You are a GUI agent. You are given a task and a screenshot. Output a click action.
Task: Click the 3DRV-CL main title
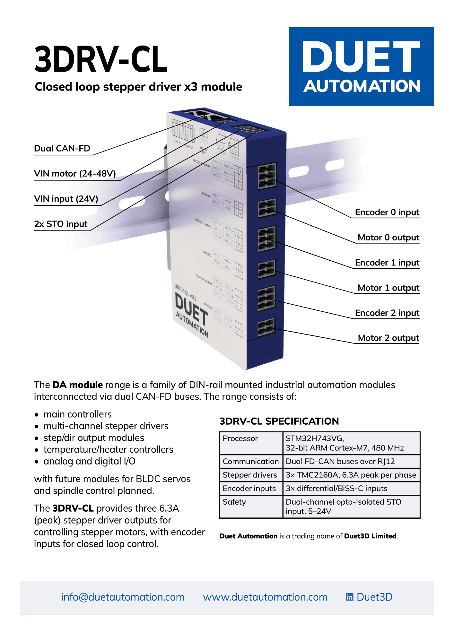point(101,59)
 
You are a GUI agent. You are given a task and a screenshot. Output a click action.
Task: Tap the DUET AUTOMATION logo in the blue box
point(361,66)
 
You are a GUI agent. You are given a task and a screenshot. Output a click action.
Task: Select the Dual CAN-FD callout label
point(62,148)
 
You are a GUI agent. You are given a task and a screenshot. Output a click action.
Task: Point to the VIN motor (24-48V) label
point(75,174)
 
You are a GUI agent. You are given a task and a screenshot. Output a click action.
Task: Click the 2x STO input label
point(61,224)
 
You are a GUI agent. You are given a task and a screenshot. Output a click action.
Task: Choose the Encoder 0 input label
point(387,212)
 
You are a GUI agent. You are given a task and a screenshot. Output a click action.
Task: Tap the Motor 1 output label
point(388,288)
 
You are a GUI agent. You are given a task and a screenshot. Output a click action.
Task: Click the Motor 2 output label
point(388,338)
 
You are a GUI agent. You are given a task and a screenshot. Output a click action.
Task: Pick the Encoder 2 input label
point(387,313)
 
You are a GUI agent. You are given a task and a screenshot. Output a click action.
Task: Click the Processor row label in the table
point(240,438)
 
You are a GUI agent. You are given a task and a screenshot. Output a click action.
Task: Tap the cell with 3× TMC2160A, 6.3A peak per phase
point(351,475)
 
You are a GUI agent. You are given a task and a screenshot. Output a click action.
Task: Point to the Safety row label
point(234,502)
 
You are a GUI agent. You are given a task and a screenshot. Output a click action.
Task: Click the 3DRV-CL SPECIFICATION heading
point(279,421)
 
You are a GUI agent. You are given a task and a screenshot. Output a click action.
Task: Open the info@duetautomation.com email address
point(123,597)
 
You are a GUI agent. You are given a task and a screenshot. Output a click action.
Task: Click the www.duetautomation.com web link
point(265,597)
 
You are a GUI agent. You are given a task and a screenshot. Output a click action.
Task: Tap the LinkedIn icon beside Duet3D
point(349,597)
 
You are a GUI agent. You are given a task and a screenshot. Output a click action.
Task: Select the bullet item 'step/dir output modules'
point(94,438)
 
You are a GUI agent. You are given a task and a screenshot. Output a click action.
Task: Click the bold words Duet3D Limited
point(370,536)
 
